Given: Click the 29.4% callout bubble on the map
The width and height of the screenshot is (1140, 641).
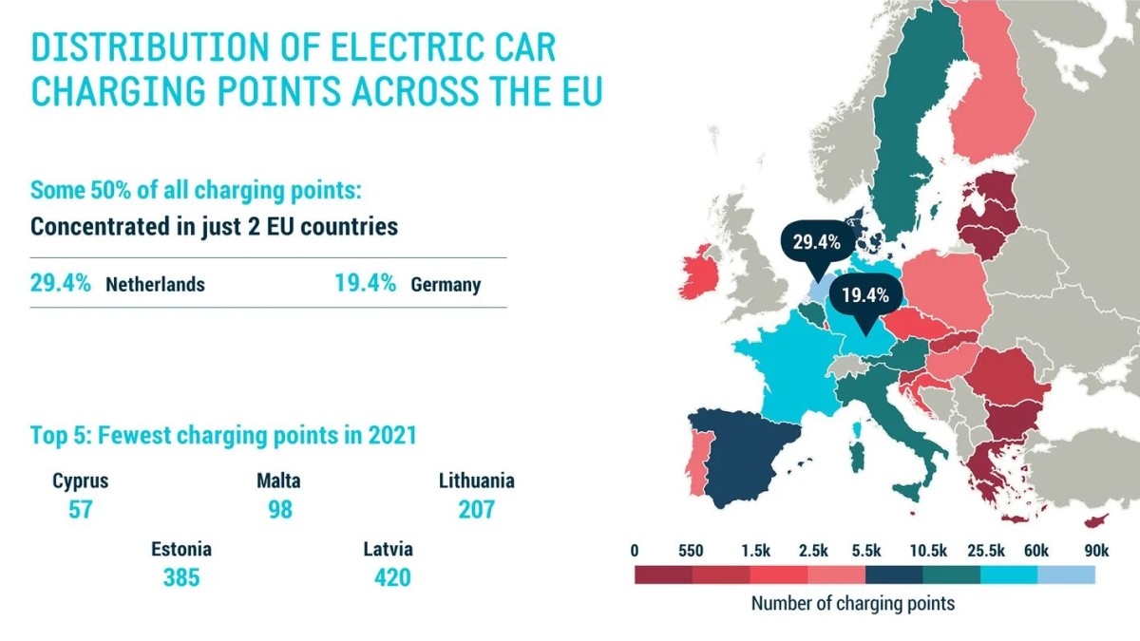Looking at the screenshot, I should [817, 242].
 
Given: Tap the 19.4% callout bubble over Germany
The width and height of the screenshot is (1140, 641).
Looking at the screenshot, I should [864, 295].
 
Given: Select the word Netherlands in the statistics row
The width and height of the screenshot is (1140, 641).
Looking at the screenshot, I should [155, 284].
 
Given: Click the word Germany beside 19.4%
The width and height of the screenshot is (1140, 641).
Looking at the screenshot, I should [446, 284].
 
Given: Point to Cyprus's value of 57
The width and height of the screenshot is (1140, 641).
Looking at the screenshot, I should [80, 509].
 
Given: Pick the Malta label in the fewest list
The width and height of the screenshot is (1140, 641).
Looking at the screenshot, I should [278, 481].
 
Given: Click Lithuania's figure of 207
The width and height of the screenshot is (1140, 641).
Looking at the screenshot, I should [476, 509].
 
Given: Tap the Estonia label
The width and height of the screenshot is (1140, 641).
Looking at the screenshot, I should [180, 549].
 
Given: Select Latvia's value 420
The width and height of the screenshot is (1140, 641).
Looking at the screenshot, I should [388, 576].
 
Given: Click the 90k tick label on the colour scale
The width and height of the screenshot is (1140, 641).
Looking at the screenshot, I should [1095, 550].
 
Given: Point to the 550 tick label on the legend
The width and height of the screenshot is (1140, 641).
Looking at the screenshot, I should [692, 550].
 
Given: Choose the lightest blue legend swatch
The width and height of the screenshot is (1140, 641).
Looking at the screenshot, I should [1066, 575].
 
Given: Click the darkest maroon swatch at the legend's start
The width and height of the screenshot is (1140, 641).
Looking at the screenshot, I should [663, 575].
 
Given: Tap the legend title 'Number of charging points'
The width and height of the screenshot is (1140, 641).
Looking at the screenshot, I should [852, 603].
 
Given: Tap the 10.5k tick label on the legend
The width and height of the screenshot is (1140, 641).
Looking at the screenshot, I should [927, 550].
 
